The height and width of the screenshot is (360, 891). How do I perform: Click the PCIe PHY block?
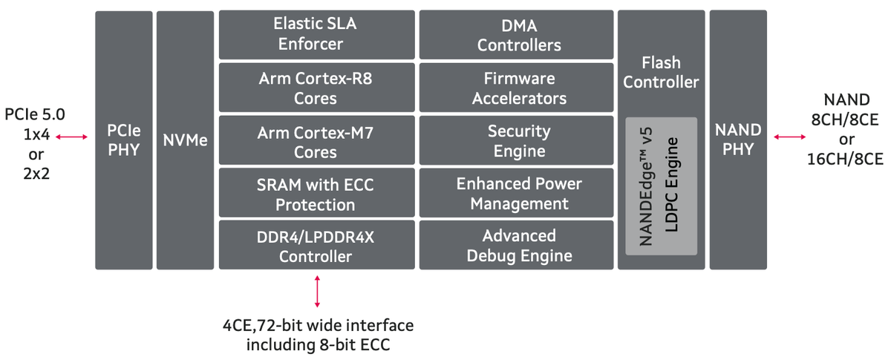(123, 140)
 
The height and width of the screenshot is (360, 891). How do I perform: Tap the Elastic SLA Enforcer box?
(316, 35)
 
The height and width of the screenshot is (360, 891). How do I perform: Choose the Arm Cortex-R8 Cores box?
(316, 88)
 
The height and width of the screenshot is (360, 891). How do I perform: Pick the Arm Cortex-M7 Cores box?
(316, 141)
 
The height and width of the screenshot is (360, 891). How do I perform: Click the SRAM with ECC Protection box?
(316, 194)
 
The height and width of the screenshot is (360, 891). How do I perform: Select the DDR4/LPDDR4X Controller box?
(316, 246)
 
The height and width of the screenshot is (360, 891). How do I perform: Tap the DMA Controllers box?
(518, 35)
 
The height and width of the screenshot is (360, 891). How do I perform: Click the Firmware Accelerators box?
(518, 88)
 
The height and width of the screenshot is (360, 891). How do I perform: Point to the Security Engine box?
(518, 141)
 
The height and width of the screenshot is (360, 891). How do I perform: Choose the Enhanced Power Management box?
(518, 194)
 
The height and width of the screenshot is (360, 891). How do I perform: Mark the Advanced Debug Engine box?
(518, 246)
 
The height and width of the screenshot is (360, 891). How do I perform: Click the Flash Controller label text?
(661, 73)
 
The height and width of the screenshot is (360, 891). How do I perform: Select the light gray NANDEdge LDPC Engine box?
(661, 186)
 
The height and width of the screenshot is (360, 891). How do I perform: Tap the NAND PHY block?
(737, 140)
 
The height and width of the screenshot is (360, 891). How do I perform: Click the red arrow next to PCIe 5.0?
(72, 137)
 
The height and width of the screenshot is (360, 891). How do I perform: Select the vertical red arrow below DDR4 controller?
(318, 291)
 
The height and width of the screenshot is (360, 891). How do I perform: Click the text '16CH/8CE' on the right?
(845, 159)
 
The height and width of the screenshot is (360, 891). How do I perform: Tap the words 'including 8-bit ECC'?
(319, 344)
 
